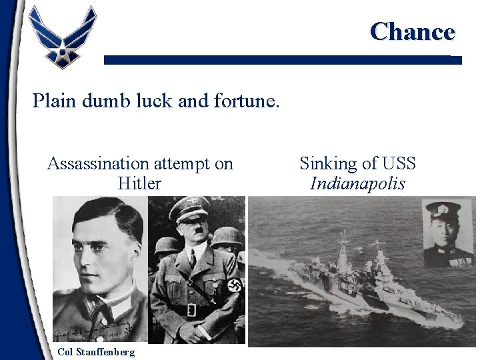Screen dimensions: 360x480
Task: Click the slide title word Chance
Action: tap(412, 31)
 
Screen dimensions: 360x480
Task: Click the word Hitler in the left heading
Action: tap(139, 183)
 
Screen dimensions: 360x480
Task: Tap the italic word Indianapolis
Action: tap(357, 183)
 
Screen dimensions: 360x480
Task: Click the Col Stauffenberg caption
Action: tap(95, 351)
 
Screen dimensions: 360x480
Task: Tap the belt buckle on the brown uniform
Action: tap(191, 310)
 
